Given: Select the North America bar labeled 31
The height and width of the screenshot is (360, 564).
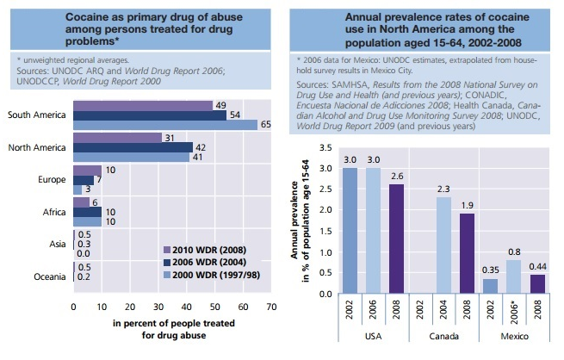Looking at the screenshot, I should tap(117, 138).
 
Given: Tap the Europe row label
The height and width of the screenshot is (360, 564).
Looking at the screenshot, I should tap(51, 179).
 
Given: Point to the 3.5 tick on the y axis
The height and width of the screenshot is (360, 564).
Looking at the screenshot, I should tap(325, 148).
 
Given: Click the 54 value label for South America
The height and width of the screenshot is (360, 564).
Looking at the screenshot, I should tap(235, 114).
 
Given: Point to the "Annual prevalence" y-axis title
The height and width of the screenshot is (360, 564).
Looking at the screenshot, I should tap(296, 215).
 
